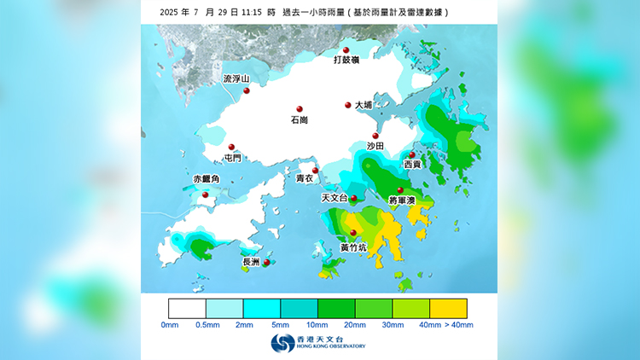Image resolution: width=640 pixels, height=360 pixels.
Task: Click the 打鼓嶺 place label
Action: pos(346,61)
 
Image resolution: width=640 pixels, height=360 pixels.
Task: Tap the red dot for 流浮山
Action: pos(246,90)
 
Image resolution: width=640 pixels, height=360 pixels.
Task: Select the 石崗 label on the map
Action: pos(300,120)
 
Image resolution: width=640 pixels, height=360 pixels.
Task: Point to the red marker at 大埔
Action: pos(348,105)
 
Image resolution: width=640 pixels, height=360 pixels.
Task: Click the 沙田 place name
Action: pos(375,147)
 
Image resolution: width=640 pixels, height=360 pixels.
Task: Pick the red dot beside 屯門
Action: pos(230,146)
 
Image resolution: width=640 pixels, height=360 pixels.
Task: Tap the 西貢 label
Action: pos(412,164)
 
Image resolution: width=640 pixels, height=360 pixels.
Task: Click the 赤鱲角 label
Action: pos(207,179)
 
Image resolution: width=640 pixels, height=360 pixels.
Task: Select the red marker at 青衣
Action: pos(315,171)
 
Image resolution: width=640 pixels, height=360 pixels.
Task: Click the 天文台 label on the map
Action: pos(334,198)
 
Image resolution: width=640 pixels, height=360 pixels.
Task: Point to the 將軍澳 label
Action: pos(401,200)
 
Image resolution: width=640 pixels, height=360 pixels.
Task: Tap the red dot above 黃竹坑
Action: pos(353,233)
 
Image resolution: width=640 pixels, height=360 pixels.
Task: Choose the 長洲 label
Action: pos(251,263)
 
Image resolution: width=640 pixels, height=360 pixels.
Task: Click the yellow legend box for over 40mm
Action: pos(448,308)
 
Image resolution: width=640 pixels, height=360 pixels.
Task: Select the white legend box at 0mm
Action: pos(187,308)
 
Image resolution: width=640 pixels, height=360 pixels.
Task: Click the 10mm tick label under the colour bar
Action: pos(317,325)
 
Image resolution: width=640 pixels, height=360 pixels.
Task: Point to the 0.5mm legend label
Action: pos(206,325)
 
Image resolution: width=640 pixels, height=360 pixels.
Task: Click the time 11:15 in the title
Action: pos(250,13)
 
